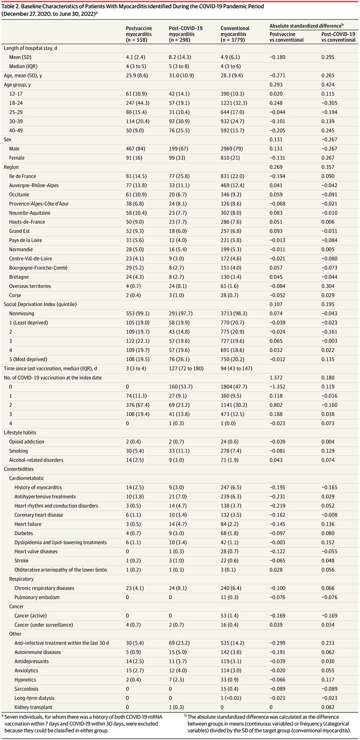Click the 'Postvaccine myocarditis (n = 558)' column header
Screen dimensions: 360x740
pyautogui.click(x=139, y=34)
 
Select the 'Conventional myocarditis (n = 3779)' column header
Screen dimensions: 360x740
pyautogui.click(x=235, y=34)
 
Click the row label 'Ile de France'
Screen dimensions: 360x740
pyautogui.click(x=23, y=177)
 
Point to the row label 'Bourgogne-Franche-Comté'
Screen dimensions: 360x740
pyautogui.click(x=38, y=268)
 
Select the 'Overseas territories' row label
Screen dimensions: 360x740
pyautogui.click(x=30, y=286)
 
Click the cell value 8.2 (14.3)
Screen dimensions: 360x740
pyautogui.click(x=180, y=57)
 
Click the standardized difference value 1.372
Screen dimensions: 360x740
pyautogui.click(x=276, y=378)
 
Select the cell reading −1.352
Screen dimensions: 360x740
pyautogui.click(x=277, y=387)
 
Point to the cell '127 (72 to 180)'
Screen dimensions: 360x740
pyautogui.click(x=186, y=368)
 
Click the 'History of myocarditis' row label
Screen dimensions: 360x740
pyautogui.click(x=38, y=487)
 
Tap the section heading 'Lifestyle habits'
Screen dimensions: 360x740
pyautogui.click(x=20, y=432)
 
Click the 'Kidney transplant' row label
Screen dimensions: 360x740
pyautogui.click(x=33, y=707)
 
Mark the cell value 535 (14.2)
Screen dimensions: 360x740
pyautogui.click(x=232, y=643)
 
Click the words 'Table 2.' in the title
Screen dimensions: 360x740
pyautogui.click(x=11, y=6)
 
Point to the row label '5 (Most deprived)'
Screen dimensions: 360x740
pyautogui.click(x=28, y=359)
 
